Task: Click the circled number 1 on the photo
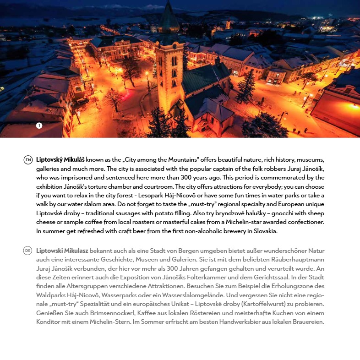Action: (39, 125)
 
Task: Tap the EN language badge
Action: (28, 160)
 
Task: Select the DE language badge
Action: (28, 251)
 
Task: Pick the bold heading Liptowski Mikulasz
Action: (62, 251)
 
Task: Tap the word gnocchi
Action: (271, 213)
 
